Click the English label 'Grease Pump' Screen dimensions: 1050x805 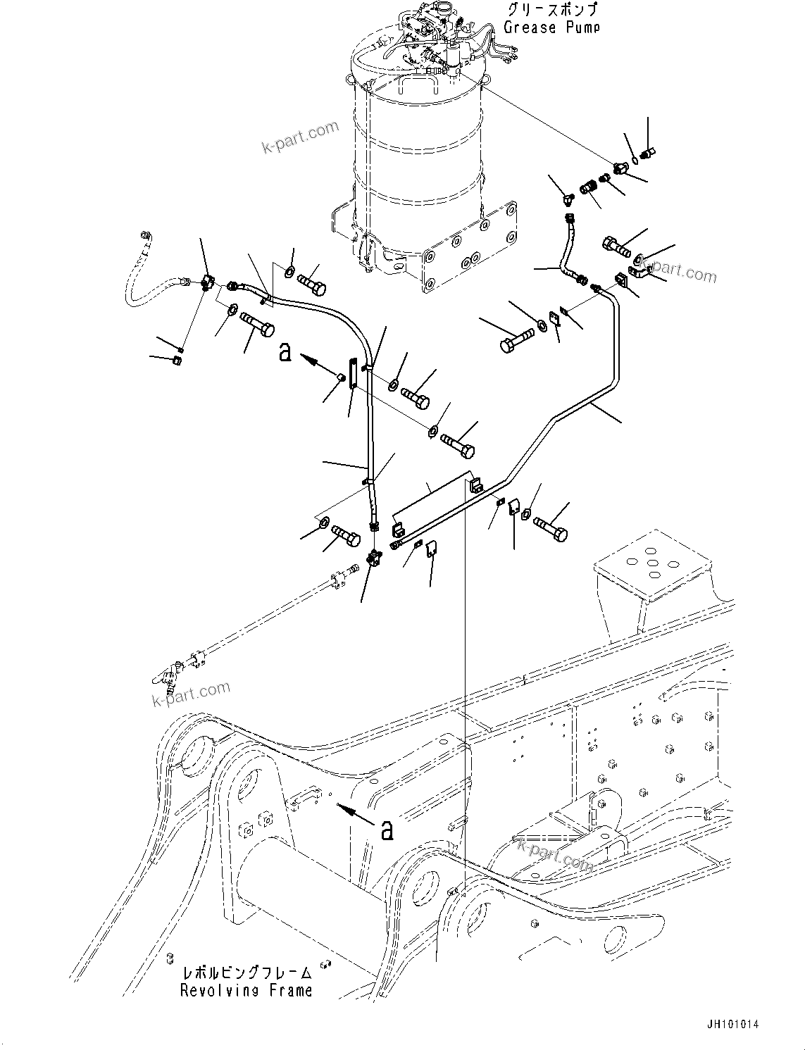[551, 27]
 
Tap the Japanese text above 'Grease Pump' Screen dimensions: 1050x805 [551, 10]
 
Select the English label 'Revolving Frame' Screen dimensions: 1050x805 [246, 990]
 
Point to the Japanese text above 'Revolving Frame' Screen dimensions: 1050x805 [246, 973]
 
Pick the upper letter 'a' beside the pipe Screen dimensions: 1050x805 [285, 351]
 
